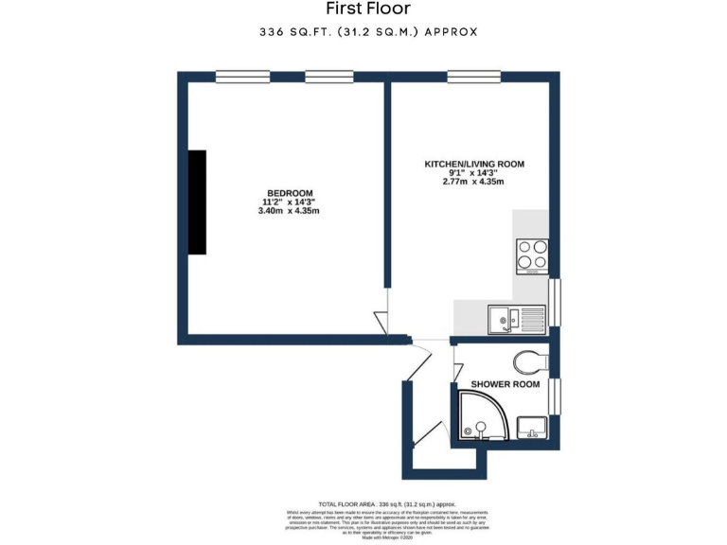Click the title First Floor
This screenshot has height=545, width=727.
(368, 9)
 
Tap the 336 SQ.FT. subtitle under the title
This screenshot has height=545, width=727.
(368, 32)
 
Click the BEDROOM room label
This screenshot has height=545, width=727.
(289, 193)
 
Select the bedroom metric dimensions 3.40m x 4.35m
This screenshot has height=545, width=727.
(289, 211)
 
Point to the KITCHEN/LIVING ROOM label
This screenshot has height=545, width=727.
(473, 164)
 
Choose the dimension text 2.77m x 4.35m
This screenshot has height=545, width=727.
(473, 182)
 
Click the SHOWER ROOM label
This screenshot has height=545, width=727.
(505, 384)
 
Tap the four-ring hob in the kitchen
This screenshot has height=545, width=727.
(531, 255)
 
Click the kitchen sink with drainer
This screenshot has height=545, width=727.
(517, 319)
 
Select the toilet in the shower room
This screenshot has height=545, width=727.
(531, 360)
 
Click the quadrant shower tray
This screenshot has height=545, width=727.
(482, 417)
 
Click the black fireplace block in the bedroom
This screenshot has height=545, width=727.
(196, 202)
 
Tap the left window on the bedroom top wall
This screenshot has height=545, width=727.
(242, 77)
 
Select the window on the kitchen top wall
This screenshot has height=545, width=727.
(473, 77)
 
